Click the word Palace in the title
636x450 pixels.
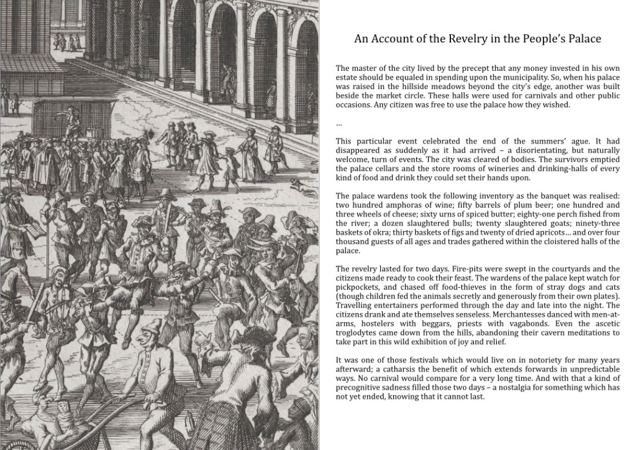point(582,39)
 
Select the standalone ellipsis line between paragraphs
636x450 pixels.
point(338,124)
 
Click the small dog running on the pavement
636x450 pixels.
point(301,184)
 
